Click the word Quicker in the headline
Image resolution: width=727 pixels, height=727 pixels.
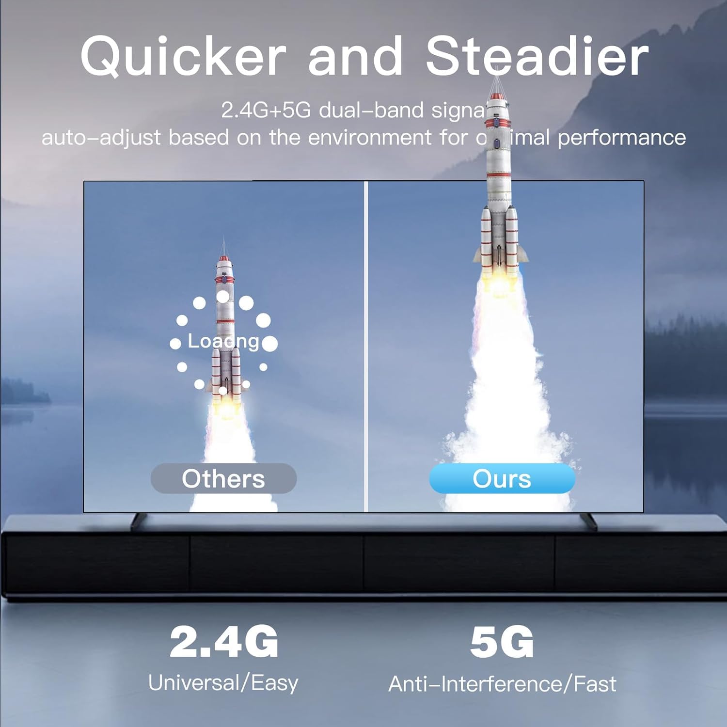(183, 57)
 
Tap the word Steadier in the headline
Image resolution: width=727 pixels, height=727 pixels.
(537, 57)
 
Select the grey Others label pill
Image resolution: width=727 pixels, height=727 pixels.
(223, 478)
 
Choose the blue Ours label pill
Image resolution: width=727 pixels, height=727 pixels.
(502, 478)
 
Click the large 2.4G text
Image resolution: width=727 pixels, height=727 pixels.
(224, 642)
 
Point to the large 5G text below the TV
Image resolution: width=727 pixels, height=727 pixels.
(502, 642)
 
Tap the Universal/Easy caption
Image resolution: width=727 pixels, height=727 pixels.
(223, 683)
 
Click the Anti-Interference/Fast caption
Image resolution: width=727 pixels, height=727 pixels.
(502, 684)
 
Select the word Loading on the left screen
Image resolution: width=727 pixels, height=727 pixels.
(223, 341)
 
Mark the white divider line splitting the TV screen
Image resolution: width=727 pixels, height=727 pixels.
(366, 347)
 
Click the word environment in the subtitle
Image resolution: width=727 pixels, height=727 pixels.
(369, 138)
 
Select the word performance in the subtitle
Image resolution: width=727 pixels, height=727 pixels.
(621, 138)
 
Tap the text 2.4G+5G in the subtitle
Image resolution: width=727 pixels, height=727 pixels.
(266, 111)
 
